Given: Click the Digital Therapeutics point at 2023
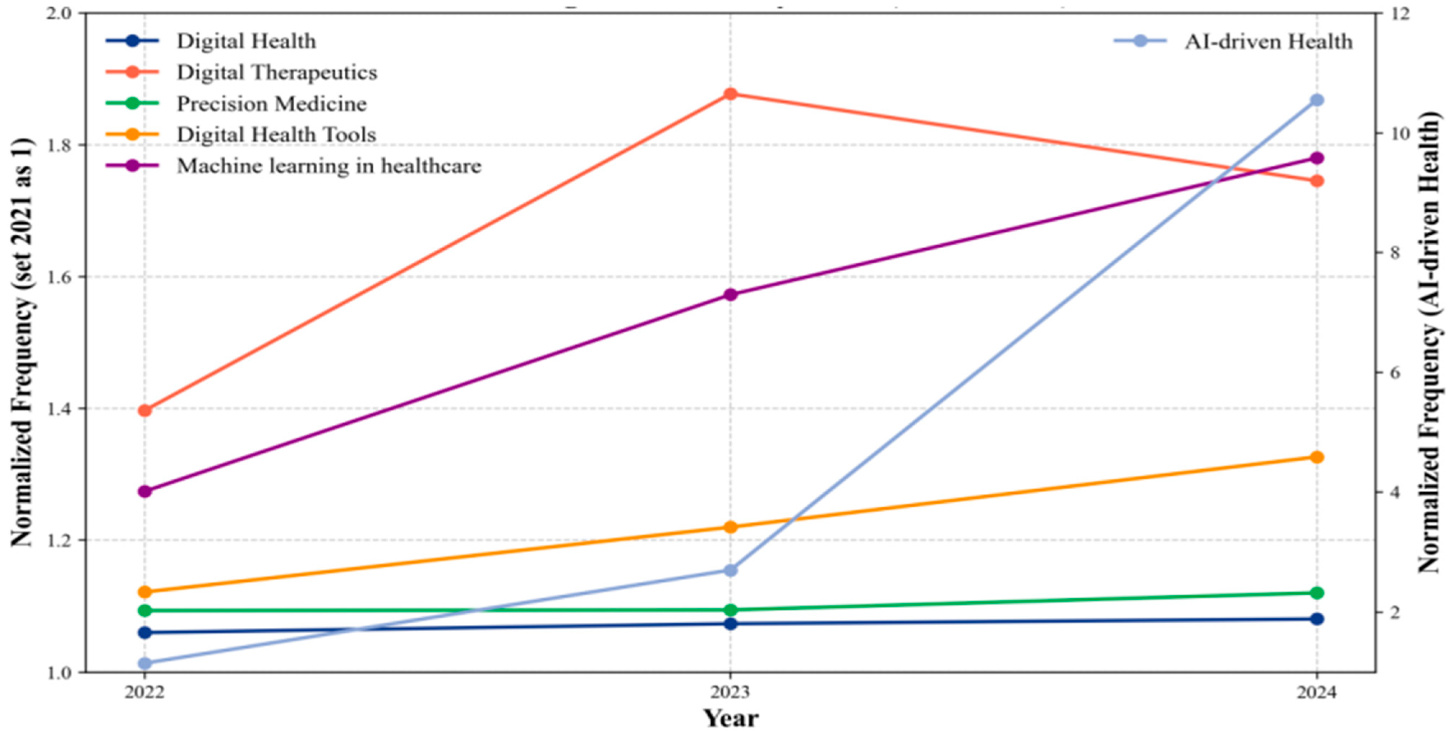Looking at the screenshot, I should pyautogui.click(x=730, y=94).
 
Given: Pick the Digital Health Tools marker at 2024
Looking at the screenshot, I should pyautogui.click(x=1317, y=457).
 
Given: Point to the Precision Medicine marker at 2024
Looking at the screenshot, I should pyautogui.click(x=1317, y=592).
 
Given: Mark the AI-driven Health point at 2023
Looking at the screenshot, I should pyautogui.click(x=730, y=571).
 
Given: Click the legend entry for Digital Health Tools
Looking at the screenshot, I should pyautogui.click(x=276, y=135).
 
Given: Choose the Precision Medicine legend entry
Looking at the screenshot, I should pyautogui.click(x=271, y=104).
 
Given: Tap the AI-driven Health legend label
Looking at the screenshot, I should pyautogui.click(x=1268, y=42).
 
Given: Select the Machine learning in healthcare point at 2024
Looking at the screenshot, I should pyautogui.click(x=1317, y=158).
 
